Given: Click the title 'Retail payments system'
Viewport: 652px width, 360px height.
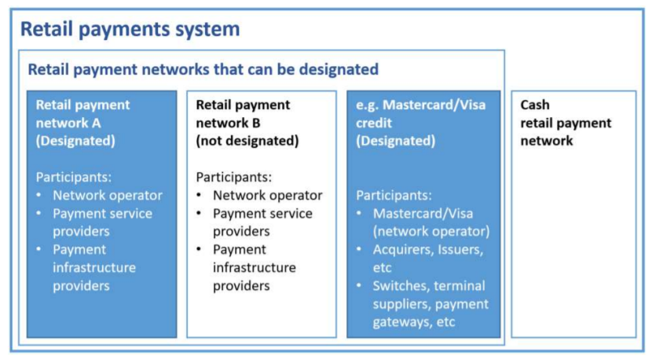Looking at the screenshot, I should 130,29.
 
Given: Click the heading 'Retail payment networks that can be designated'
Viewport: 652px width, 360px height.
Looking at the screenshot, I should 203,69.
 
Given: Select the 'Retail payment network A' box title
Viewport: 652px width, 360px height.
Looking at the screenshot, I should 83,114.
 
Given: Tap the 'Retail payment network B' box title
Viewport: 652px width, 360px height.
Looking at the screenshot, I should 243,114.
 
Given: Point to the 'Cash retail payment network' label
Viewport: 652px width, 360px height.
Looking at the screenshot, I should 566,123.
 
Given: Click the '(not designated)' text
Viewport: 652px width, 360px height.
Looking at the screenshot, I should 247,141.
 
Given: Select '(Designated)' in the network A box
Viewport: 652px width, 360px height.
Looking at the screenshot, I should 75,141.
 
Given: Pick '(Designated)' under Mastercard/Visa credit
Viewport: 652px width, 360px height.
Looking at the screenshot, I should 395,141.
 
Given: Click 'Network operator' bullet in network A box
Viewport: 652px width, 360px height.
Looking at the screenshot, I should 108,195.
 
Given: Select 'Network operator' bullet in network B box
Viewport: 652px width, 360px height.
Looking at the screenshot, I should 267,195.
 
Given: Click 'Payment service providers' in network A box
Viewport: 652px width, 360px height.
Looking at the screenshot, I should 102,222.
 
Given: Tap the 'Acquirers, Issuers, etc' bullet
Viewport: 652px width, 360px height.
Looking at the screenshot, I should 427,258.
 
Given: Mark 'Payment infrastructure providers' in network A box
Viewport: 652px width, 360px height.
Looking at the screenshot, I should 93,267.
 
